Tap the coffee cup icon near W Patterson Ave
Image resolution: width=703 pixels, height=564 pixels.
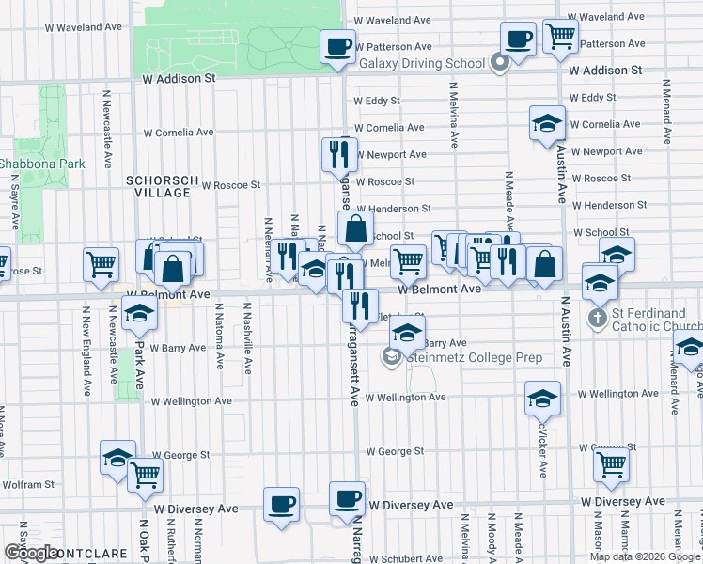click(x=338, y=46)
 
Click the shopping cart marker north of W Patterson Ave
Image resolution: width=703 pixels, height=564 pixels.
click(x=561, y=37)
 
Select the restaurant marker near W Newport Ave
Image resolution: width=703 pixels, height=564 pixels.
click(x=339, y=153)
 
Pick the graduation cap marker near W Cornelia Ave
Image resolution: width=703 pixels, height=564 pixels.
click(x=547, y=124)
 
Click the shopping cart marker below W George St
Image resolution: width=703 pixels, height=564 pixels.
click(x=612, y=463)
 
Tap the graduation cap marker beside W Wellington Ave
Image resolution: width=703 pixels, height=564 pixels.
click(x=542, y=399)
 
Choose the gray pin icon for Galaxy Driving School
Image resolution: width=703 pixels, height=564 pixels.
click(x=500, y=64)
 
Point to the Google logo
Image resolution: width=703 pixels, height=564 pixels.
click(x=31, y=553)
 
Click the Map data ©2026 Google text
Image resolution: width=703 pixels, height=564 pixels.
click(x=645, y=556)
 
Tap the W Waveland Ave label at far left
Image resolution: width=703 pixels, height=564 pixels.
click(x=86, y=27)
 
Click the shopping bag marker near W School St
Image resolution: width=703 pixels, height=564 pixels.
click(x=356, y=228)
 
